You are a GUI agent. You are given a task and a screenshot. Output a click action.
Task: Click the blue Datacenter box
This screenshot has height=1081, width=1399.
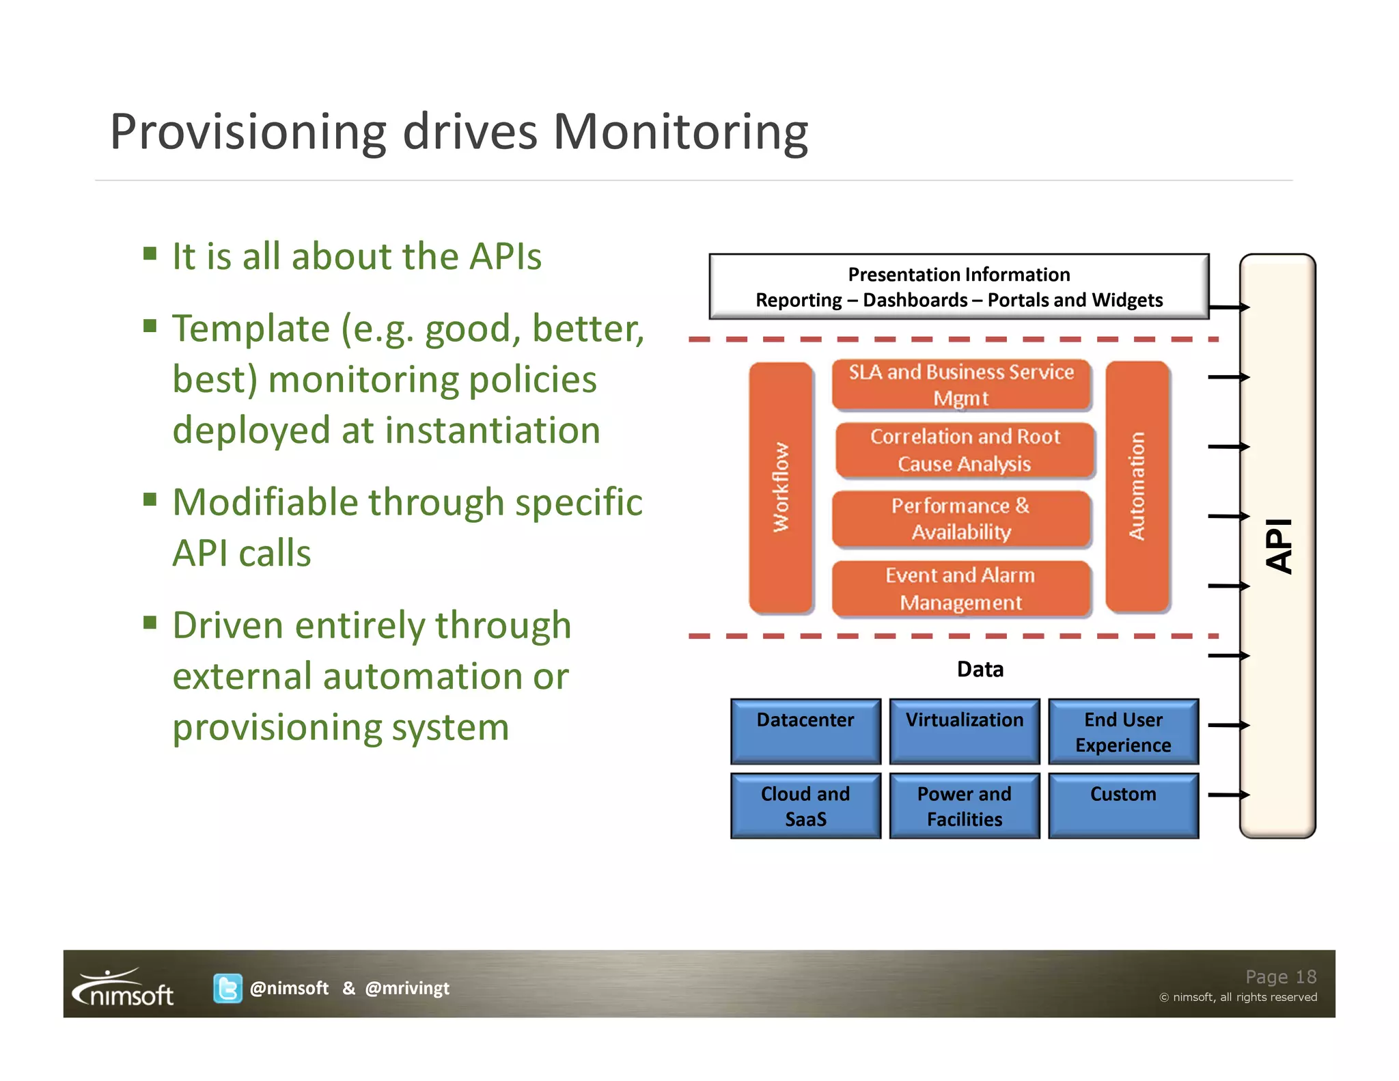(805, 730)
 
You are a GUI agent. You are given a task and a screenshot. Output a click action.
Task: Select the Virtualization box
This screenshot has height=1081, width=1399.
(964, 730)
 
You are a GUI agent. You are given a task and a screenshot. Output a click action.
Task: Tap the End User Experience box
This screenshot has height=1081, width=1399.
(1123, 731)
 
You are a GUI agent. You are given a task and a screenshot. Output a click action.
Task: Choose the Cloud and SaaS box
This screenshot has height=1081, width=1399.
(805, 806)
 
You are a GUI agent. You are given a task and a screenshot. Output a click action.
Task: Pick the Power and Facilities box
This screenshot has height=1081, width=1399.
(964, 806)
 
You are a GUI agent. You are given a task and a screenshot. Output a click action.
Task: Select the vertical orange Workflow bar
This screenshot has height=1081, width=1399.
(781, 487)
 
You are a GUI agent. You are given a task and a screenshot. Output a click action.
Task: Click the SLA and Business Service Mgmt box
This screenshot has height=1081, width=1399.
(961, 385)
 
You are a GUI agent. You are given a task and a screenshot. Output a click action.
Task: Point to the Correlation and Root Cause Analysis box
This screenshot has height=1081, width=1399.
(965, 450)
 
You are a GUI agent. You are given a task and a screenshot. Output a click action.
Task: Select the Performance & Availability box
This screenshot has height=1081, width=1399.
(961, 519)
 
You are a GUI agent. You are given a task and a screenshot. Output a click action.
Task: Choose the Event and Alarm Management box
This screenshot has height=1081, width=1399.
(960, 588)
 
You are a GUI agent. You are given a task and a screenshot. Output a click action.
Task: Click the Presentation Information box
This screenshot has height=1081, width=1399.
(958, 286)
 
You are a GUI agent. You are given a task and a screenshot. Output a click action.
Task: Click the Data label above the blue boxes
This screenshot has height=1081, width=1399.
(980, 669)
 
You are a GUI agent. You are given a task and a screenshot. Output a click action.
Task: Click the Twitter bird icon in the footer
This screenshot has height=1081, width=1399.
(227, 988)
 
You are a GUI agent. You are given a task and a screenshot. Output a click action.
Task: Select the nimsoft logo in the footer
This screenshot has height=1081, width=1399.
(124, 988)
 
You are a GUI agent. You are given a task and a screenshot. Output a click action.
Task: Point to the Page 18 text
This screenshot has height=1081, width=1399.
(1280, 976)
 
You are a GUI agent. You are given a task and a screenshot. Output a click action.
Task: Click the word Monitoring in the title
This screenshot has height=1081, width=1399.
(680, 131)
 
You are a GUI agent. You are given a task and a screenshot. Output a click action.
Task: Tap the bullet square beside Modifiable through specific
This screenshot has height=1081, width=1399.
(150, 499)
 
